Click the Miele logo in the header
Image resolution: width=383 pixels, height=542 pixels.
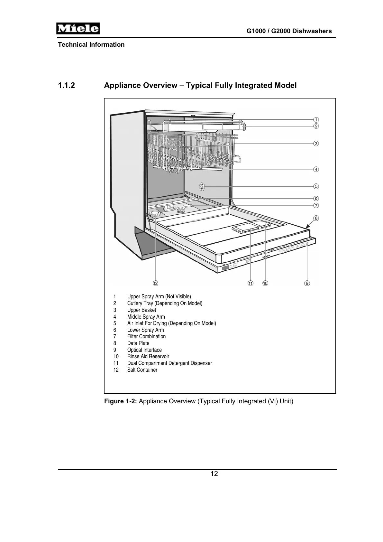(x=78, y=29)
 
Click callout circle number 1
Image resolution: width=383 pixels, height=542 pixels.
(x=316, y=120)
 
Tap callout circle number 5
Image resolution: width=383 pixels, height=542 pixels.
(x=316, y=186)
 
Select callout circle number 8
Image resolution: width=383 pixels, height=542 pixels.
(x=316, y=218)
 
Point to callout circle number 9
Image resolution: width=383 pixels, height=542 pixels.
(x=307, y=283)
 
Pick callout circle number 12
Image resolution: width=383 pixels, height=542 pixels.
(x=156, y=283)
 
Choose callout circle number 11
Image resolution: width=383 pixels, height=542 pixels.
(x=250, y=283)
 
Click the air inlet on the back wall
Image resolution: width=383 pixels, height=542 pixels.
(x=202, y=186)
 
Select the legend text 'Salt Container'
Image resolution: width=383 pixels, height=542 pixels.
(x=142, y=370)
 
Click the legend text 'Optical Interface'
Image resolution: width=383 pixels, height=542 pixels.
(x=144, y=350)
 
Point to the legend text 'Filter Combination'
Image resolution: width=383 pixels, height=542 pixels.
(x=146, y=336)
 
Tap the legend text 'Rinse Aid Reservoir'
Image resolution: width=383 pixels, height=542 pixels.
(x=148, y=356)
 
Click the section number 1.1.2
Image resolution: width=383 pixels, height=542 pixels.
(x=66, y=85)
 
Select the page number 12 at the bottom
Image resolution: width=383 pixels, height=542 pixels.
(x=214, y=474)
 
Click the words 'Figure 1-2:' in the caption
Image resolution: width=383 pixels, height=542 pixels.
(x=121, y=401)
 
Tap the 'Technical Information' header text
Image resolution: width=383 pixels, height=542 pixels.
(x=91, y=44)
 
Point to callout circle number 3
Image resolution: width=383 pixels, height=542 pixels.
(x=316, y=144)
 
